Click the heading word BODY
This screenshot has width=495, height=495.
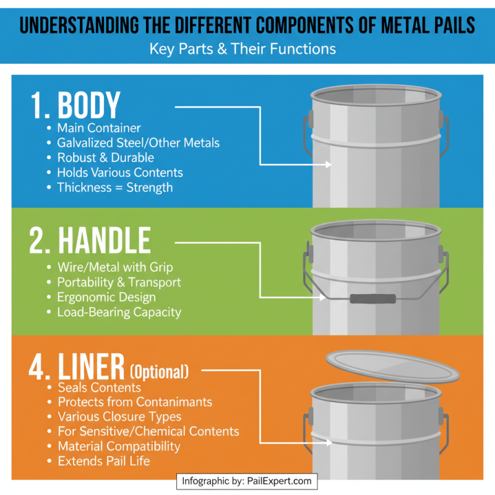tap(88, 106)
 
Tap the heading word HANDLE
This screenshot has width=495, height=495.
tap(105, 241)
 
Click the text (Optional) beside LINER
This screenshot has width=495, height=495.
tap(159, 372)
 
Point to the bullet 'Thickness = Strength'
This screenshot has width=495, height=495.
tap(115, 187)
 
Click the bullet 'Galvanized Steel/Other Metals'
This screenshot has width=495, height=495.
tap(138, 143)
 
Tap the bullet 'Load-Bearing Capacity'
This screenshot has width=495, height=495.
tap(119, 312)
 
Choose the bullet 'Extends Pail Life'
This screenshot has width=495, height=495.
tap(104, 461)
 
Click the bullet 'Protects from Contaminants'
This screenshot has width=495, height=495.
tap(134, 402)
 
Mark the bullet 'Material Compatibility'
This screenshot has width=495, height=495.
tap(119, 446)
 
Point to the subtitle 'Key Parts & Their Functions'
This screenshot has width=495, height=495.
tap(243, 49)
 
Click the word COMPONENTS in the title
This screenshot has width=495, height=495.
tap(290, 26)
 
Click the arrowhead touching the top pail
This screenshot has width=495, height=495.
tap(329, 165)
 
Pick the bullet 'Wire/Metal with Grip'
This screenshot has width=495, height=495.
tap(114, 267)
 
